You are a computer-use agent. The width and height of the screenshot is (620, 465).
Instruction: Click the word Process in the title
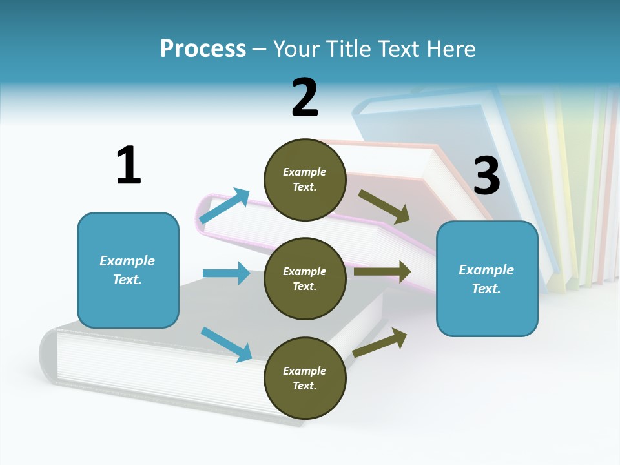[203, 48]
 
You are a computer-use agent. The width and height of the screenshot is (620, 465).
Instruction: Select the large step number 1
[129, 165]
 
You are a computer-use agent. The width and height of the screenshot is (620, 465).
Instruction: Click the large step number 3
[487, 176]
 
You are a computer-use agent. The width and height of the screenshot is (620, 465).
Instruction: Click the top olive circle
[305, 179]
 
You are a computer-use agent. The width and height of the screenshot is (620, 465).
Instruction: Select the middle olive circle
[305, 278]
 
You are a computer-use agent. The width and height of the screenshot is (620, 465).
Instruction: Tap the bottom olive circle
[305, 378]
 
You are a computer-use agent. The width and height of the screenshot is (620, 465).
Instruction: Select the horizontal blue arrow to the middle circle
[226, 273]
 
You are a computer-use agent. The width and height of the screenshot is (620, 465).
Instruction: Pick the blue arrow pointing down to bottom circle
[226, 344]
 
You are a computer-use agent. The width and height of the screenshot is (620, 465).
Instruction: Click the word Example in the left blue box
[127, 261]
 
